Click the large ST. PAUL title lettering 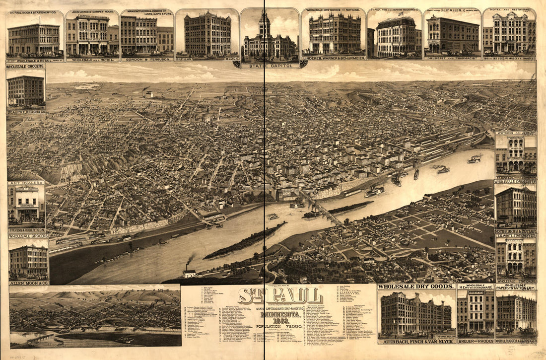click(280, 296)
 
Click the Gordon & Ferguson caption click(147, 58)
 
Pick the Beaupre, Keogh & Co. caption click(26, 112)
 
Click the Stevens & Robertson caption click(26, 230)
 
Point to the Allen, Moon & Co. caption click(28, 283)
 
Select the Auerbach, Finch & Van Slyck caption click(416, 341)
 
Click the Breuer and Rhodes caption click(476, 341)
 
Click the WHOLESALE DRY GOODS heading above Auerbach click(416, 287)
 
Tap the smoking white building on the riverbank click(189, 273)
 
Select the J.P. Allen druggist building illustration click(452, 35)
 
